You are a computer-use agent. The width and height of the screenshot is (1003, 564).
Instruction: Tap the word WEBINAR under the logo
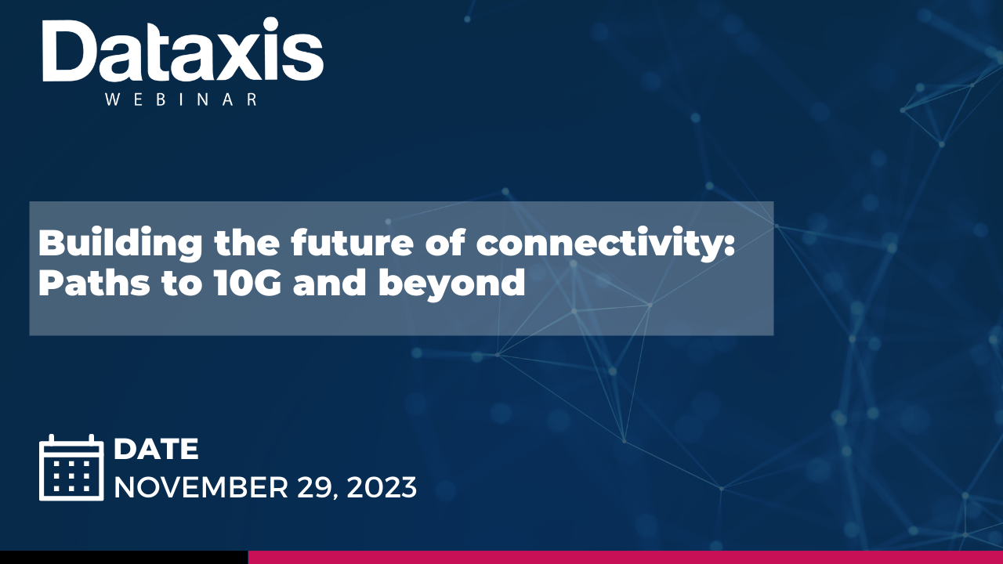pyautogui.click(x=181, y=99)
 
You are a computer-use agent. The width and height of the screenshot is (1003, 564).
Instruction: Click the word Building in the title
pyautogui.click(x=120, y=244)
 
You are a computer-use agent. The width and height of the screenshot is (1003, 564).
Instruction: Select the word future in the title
pyautogui.click(x=352, y=242)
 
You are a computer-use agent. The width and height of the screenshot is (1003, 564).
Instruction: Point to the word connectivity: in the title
pyautogui.click(x=606, y=244)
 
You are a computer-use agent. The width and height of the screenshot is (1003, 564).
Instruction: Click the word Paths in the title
pyautogui.click(x=94, y=283)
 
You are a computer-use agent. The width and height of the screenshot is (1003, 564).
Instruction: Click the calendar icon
pyautogui.click(x=71, y=468)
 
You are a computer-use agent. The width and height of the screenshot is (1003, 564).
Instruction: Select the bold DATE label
pyautogui.click(x=156, y=449)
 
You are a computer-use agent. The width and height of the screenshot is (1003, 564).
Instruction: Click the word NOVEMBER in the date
pyautogui.click(x=201, y=487)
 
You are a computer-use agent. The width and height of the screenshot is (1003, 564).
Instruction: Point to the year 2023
pyautogui.click(x=382, y=487)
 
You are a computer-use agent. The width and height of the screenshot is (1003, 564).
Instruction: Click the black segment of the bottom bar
pyautogui.click(x=124, y=557)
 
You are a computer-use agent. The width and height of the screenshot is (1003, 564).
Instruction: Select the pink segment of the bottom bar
pyautogui.click(x=625, y=557)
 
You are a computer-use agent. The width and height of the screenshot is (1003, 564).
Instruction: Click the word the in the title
pyautogui.click(x=247, y=242)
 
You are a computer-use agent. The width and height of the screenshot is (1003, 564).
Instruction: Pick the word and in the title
pyautogui.click(x=330, y=283)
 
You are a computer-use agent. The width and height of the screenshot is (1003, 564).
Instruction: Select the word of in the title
pyautogui.click(x=445, y=242)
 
